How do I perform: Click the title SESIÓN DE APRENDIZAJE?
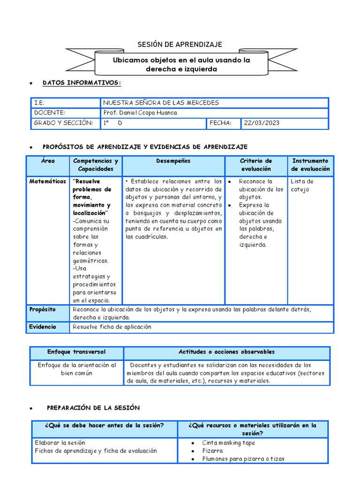pos(180,45)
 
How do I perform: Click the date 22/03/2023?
pos(262,123)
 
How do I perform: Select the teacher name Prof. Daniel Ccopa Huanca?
pos(140,112)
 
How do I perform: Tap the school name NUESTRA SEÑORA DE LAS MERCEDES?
pos(161,103)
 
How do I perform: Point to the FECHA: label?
pos(220,123)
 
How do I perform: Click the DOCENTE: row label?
pos(50,112)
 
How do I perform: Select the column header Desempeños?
pos(173,161)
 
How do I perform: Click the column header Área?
pos(47,161)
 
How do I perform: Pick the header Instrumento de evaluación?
pos(310,165)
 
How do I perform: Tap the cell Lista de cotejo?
pos(302,185)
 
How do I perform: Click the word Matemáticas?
pos(47,181)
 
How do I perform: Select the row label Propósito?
pos(42,309)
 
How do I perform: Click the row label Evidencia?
pos(42,327)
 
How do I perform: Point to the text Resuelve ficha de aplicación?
pos(112,327)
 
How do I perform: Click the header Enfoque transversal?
pos(76,352)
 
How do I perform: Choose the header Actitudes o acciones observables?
pos(226,352)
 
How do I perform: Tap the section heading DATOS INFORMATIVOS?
pos(82,83)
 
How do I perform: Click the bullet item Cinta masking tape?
pos(228,442)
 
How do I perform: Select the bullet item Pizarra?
pos(212,450)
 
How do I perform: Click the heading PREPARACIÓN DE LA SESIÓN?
pos(93,408)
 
